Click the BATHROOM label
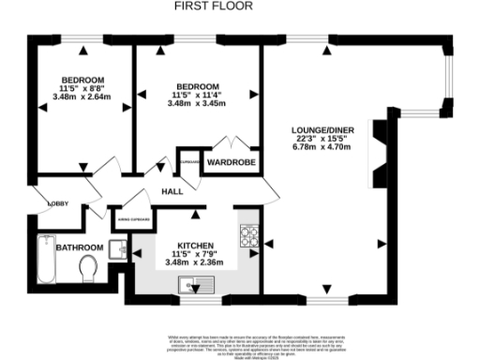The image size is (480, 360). pyautogui.click(x=78, y=247)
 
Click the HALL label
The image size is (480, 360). pyautogui.click(x=172, y=191)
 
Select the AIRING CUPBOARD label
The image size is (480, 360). pyautogui.click(x=131, y=221)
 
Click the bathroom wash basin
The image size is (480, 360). pyautogui.click(x=115, y=248)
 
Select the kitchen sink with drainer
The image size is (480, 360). pyautogui.click(x=198, y=287)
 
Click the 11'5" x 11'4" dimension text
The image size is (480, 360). pyautogui.click(x=197, y=97)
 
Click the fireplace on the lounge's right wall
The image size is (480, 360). pyautogui.click(x=381, y=146)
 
